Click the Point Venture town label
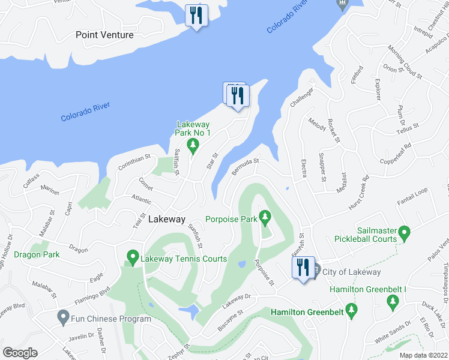tap(104, 35)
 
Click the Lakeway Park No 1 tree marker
tap(193, 145)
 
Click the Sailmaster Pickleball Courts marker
tap(404, 232)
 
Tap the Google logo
tap(20, 353)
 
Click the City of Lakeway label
tap(352, 272)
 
